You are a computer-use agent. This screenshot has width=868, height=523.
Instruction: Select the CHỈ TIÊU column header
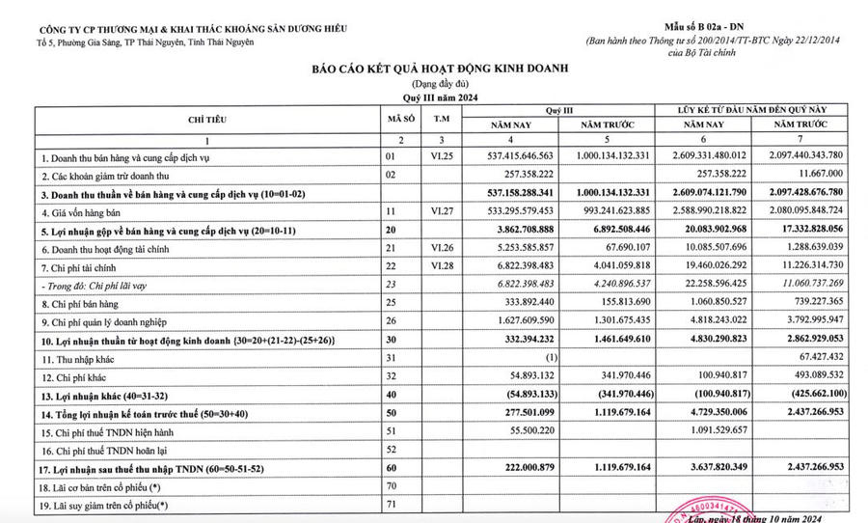(207, 119)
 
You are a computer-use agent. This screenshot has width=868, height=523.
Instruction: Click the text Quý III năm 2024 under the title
(439, 97)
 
